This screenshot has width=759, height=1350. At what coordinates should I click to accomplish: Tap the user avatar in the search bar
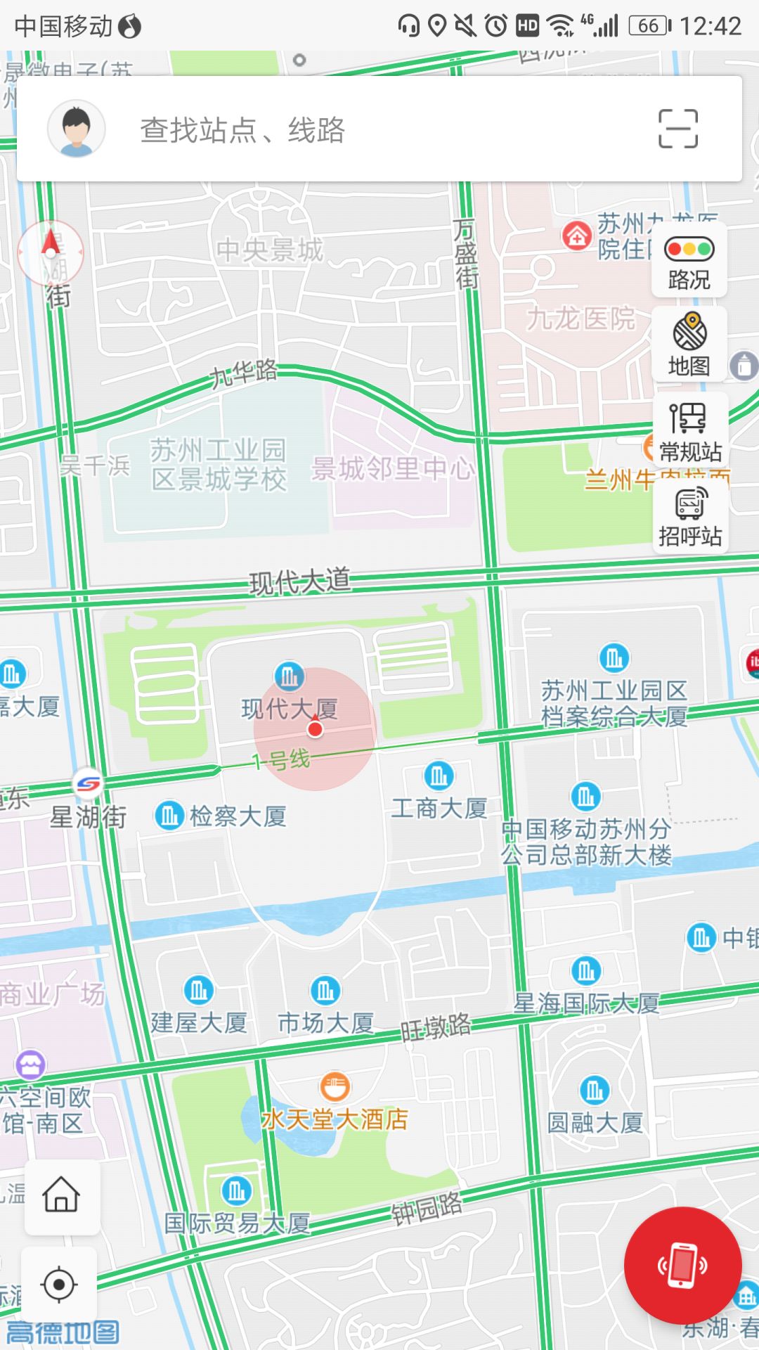[x=76, y=129]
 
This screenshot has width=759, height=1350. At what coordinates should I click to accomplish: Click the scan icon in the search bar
[x=677, y=129]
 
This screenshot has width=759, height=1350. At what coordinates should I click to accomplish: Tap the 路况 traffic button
[x=689, y=261]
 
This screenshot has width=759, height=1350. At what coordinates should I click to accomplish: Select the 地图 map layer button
[x=689, y=345]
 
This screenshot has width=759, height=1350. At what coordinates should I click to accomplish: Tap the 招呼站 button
[x=690, y=517]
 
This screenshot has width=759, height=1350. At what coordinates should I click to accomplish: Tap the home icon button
[x=62, y=1196]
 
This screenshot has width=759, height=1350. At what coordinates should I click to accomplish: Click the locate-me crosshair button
[x=59, y=1285]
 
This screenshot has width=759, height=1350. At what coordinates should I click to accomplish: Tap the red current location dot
[x=315, y=729]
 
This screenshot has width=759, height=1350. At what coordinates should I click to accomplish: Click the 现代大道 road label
[x=300, y=581]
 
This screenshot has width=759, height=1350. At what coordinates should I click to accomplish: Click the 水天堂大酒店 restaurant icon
[x=335, y=1086]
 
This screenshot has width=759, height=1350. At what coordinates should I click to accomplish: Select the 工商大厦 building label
[x=439, y=809]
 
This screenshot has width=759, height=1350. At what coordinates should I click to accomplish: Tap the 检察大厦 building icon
[x=169, y=816]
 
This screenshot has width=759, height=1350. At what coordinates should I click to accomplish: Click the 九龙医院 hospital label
[x=580, y=319]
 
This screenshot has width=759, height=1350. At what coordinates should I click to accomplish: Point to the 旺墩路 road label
[x=436, y=1027]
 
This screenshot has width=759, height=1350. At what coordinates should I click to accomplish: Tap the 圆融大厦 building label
[x=595, y=1123]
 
